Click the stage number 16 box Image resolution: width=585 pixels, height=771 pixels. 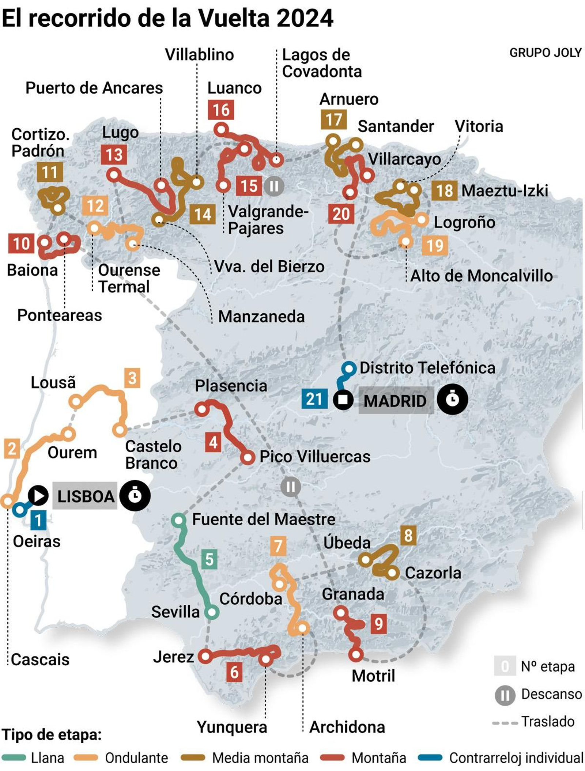(x=221, y=110)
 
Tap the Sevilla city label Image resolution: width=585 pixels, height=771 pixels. (x=175, y=612)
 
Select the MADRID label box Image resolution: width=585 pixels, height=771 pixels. (x=395, y=401)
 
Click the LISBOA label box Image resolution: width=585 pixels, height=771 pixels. (x=86, y=496)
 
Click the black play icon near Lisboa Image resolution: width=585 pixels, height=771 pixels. (x=38, y=496)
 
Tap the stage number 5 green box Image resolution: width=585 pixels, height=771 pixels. (x=209, y=559)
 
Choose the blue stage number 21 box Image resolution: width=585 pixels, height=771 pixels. (x=314, y=399)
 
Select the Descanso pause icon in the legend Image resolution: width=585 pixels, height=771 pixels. (x=505, y=695)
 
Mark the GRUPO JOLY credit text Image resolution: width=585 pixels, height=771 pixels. (x=545, y=53)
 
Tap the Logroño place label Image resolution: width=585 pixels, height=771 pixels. (x=464, y=222)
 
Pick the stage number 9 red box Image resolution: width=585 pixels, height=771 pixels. (x=378, y=624)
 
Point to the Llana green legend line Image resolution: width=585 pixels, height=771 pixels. (x=14, y=758)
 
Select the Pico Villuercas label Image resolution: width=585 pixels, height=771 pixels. (x=315, y=456)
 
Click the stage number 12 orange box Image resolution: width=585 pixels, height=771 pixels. (x=95, y=205)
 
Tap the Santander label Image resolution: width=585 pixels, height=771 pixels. (x=396, y=126)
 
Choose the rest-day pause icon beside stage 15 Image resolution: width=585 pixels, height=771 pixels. (x=274, y=186)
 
